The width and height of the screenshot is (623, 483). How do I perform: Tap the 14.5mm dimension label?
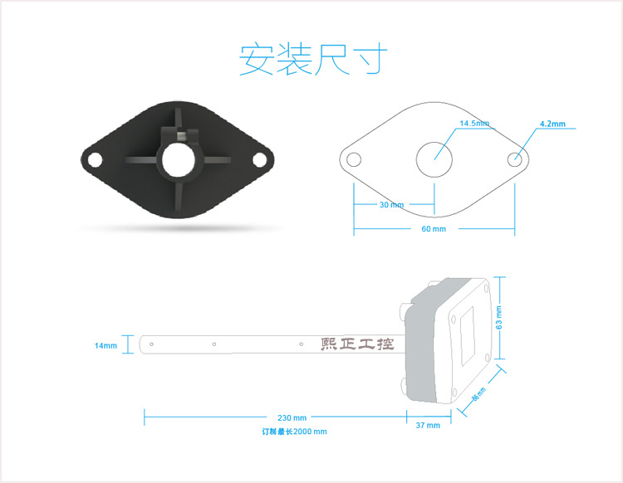point(474,124)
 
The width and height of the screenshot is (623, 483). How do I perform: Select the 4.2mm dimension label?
point(552,124)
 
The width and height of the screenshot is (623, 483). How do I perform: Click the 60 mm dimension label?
point(433,228)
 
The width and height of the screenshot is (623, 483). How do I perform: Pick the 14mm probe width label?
point(106,344)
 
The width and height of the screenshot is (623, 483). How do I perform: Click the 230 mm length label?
point(292,417)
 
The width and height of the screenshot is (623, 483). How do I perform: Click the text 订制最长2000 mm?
point(294,432)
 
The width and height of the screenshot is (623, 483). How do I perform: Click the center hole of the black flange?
point(178,161)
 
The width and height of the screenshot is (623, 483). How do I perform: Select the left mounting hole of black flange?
point(94,158)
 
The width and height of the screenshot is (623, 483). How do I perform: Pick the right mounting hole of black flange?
point(261,159)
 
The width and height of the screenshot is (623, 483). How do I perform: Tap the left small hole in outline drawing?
point(355,159)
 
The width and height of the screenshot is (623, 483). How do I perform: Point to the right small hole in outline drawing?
point(515,159)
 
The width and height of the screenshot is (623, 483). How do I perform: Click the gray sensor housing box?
point(449,340)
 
